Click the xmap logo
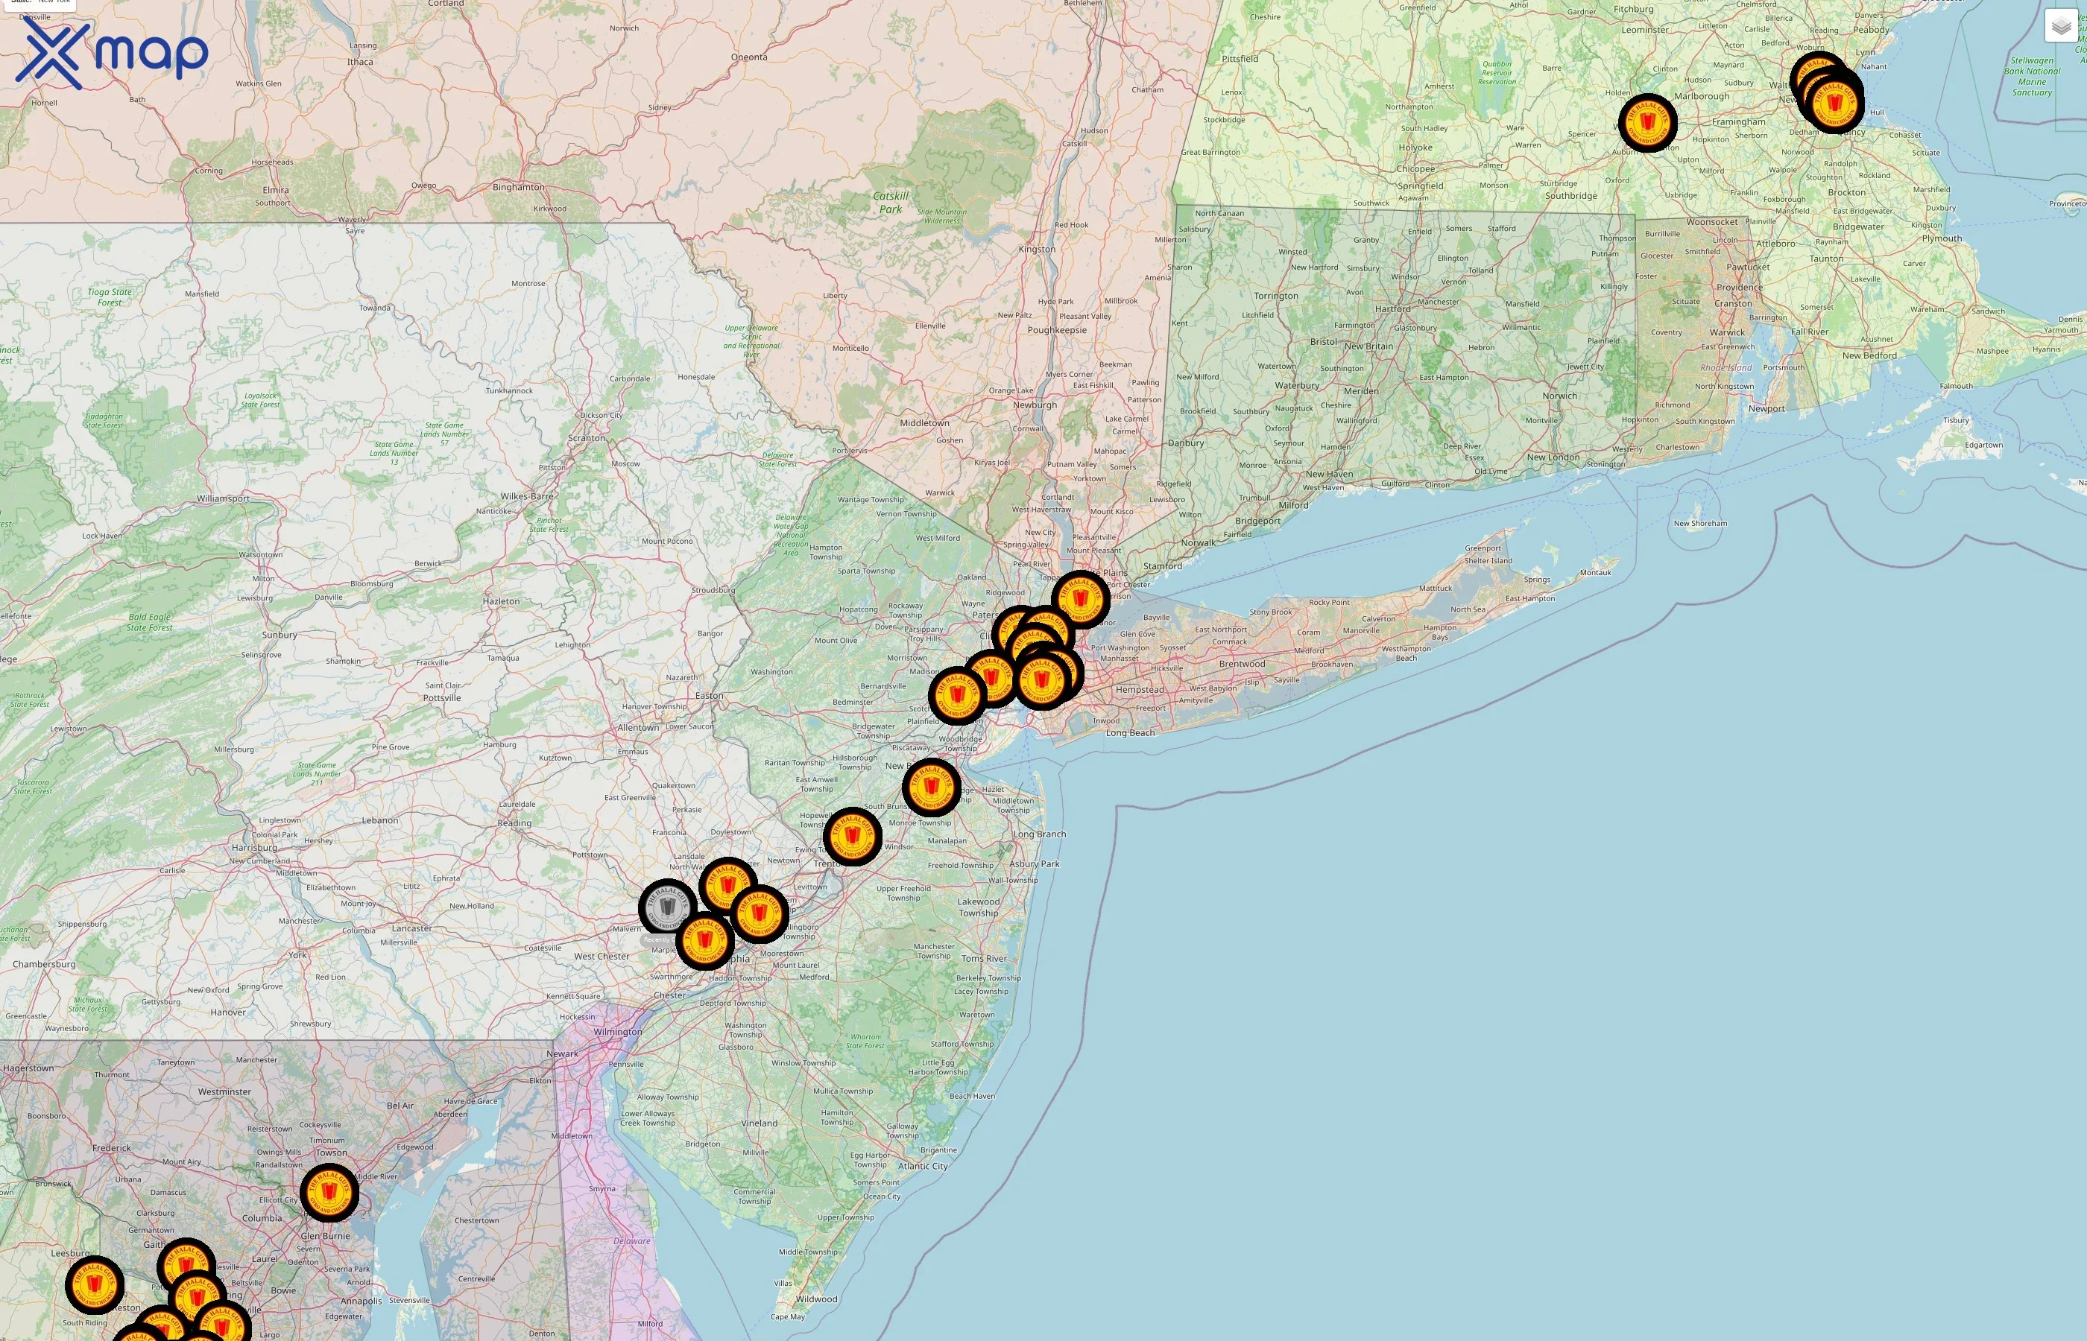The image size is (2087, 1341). (112, 54)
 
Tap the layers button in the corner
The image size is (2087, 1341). (2060, 27)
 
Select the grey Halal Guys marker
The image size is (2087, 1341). (667, 907)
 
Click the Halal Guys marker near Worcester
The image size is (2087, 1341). (1647, 123)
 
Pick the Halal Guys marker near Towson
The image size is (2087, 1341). (329, 1193)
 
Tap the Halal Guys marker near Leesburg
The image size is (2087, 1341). (95, 1285)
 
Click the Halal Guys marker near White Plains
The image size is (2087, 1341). (1080, 599)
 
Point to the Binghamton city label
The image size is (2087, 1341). (518, 187)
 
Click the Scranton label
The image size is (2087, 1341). (586, 438)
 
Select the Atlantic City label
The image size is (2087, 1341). (923, 1166)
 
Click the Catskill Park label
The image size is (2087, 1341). (890, 202)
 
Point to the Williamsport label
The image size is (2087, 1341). (223, 499)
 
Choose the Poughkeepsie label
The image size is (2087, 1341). (1057, 330)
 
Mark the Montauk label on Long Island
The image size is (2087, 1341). (1595, 572)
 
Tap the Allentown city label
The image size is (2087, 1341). (637, 727)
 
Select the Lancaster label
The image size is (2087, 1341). (411, 928)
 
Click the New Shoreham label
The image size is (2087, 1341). (1700, 523)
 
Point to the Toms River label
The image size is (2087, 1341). (983, 959)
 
